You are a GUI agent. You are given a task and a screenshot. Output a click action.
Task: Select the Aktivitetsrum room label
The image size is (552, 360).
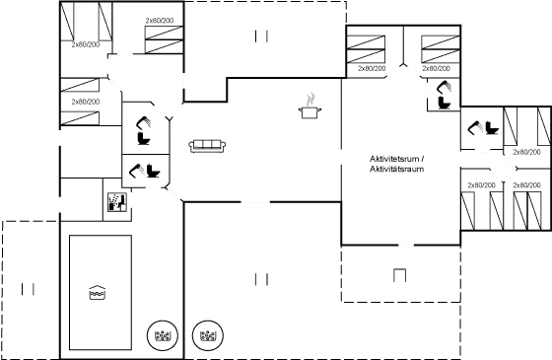click(395, 164)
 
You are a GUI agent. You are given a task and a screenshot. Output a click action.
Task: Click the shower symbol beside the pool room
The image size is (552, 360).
click(115, 203)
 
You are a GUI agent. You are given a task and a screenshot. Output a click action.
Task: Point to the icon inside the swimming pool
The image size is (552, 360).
click(97, 291)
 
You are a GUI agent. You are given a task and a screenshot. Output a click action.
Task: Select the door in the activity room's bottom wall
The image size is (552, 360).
click(405, 244)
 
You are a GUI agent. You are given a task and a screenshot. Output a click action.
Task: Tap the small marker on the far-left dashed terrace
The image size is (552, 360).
click(32, 289)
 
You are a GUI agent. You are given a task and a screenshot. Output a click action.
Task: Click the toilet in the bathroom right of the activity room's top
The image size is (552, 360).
click(443, 94)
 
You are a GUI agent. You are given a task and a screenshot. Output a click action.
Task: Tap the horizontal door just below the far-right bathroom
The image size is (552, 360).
click(482, 150)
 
